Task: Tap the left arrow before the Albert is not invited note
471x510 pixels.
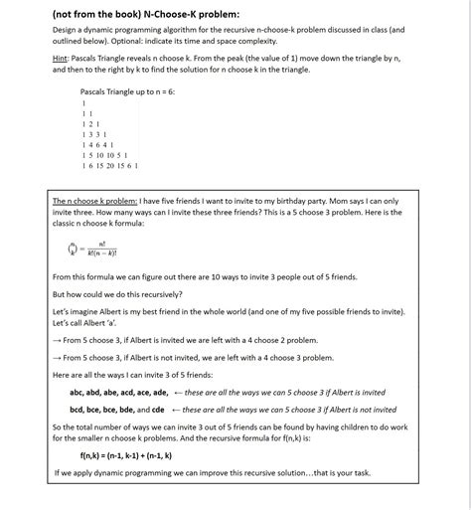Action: click(177, 409)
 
